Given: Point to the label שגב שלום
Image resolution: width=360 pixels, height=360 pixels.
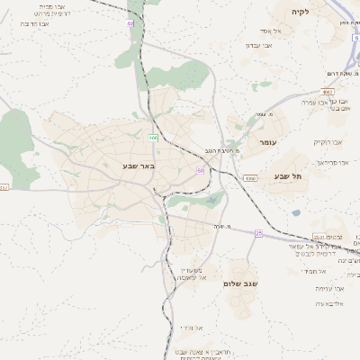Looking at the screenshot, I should tap(240, 283).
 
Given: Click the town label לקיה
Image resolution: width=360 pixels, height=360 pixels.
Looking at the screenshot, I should tap(300, 13).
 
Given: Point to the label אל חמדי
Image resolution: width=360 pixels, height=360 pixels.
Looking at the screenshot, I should tap(314, 270).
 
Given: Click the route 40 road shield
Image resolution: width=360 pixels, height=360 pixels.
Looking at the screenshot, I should tap(130, 23).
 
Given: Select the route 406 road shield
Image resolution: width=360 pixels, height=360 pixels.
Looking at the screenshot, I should tap(154, 138).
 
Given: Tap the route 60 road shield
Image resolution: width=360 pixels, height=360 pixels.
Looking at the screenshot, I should tap(199, 170).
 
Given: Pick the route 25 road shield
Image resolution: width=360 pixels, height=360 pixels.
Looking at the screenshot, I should tap(258, 233).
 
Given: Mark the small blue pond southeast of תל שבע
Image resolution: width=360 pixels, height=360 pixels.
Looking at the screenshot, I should tap(296, 213).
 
